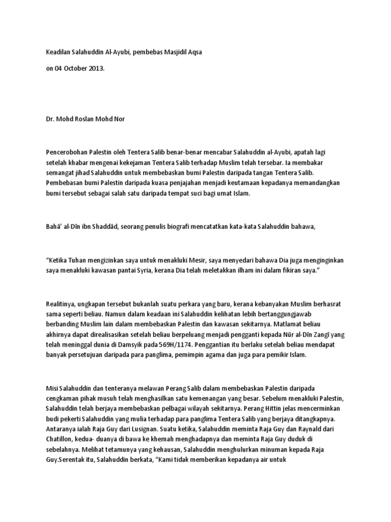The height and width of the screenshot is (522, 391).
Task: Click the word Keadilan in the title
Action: (58, 52)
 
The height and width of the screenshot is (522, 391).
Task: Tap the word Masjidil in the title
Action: (171, 52)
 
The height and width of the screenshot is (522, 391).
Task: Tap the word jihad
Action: (81, 173)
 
